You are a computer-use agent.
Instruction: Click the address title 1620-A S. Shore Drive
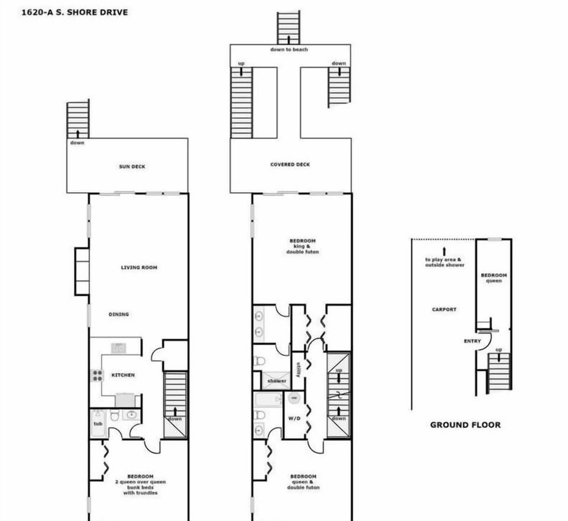click(x=74, y=12)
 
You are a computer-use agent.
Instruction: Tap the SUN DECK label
click(x=132, y=167)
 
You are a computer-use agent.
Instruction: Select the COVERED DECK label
click(x=290, y=164)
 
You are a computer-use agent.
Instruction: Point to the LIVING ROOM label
click(x=139, y=268)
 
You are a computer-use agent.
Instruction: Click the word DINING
click(x=119, y=314)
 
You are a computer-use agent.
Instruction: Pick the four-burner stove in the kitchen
click(x=96, y=376)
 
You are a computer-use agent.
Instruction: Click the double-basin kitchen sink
click(x=119, y=348)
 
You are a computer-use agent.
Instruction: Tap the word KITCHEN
click(x=123, y=375)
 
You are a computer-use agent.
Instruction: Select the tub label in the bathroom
click(x=98, y=423)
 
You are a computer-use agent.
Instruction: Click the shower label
click(x=276, y=381)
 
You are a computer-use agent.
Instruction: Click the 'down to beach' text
click(x=289, y=50)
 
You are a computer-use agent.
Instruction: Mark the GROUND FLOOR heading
click(x=465, y=425)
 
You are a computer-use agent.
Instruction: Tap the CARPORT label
click(x=444, y=309)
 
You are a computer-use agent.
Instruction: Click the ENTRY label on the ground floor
click(x=472, y=341)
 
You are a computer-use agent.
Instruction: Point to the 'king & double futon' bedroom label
click(x=302, y=246)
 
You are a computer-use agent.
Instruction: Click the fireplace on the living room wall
click(x=81, y=271)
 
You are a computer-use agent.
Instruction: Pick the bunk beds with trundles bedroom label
click(x=140, y=484)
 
